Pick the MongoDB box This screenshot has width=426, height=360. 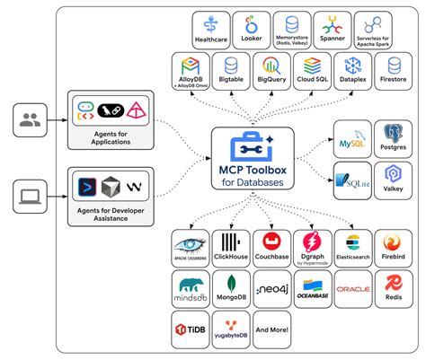point(232,289)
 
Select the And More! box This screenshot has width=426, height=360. point(271,330)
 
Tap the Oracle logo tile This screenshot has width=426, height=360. point(352,289)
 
